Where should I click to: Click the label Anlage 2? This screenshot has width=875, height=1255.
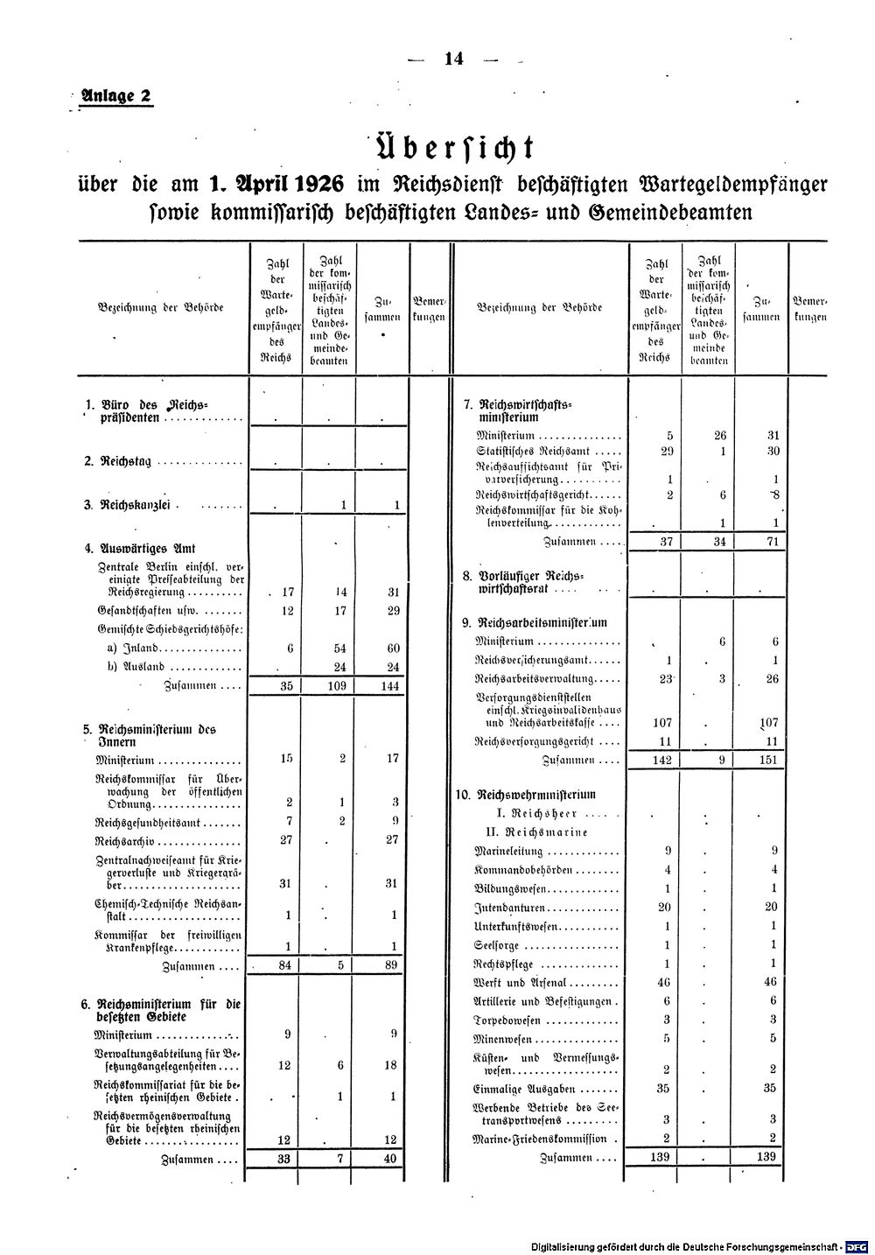click(x=115, y=96)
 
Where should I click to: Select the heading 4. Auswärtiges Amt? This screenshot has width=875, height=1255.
click(x=139, y=550)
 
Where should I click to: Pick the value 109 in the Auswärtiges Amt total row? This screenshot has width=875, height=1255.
click(x=339, y=686)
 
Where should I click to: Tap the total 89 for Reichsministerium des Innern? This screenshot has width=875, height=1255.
click(x=391, y=965)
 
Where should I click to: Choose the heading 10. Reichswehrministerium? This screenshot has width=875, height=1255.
click(x=526, y=796)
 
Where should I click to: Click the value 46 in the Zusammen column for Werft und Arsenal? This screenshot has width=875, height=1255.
click(x=770, y=982)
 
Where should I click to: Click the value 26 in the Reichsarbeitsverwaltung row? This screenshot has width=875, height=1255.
click(x=770, y=679)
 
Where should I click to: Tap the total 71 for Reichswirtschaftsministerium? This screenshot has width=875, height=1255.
click(x=770, y=542)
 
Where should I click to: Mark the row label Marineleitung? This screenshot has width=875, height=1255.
click(x=508, y=851)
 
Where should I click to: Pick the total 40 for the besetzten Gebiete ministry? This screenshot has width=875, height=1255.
click(x=391, y=1159)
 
